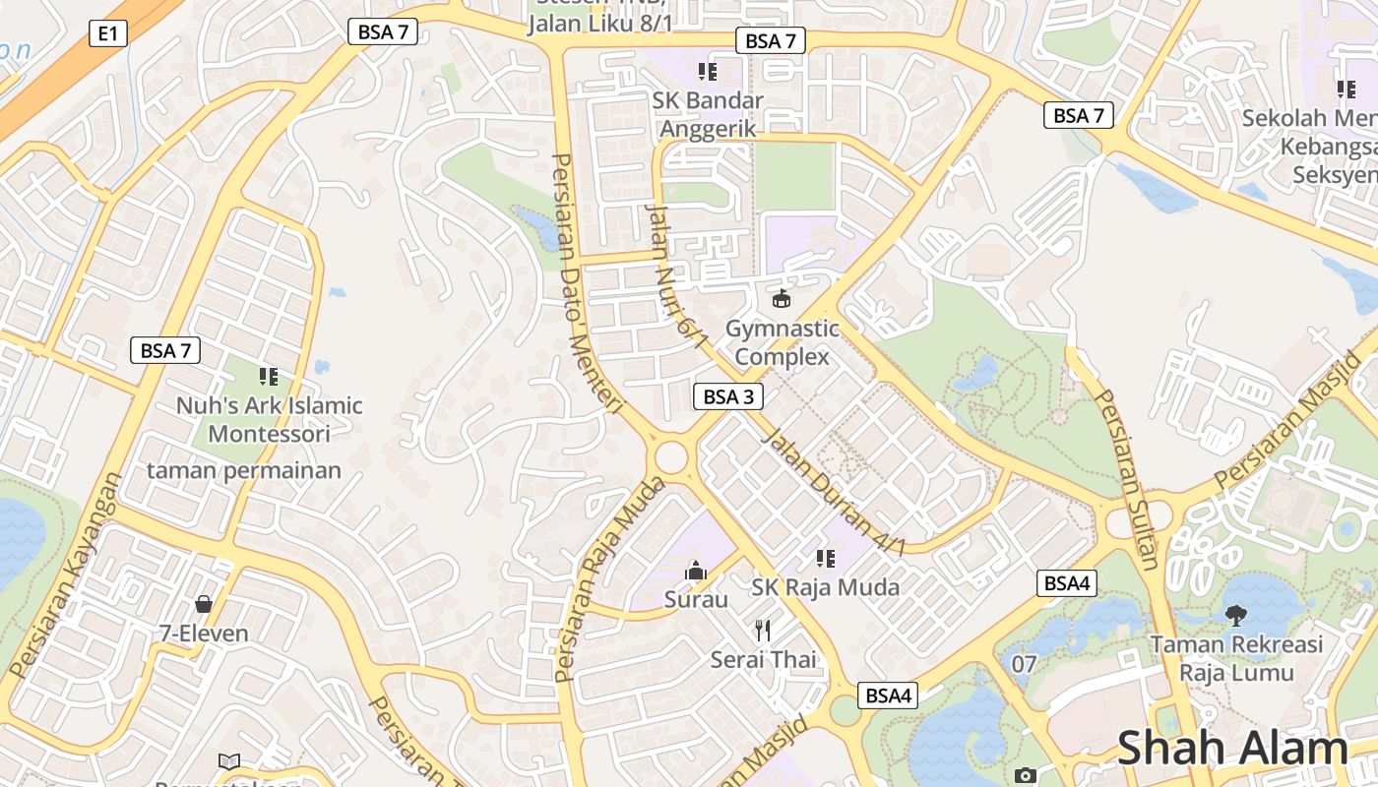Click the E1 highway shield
tap(108, 33)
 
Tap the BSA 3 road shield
tap(728, 396)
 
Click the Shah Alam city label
tap(1231, 748)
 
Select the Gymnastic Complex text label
tap(783, 342)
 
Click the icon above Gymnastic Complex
tap(782, 298)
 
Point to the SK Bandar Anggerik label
tap(708, 114)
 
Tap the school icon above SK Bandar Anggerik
tap(707, 71)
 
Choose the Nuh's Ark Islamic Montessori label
tap(269, 419)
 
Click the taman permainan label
tap(244, 470)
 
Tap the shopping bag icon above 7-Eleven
tap(204, 603)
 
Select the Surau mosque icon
tap(696, 570)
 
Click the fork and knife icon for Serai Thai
tap(763, 630)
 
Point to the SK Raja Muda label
tap(825, 587)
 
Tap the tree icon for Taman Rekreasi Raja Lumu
tap(1236, 616)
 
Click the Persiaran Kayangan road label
tap(67, 575)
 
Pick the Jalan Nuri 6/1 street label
tap(675, 277)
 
